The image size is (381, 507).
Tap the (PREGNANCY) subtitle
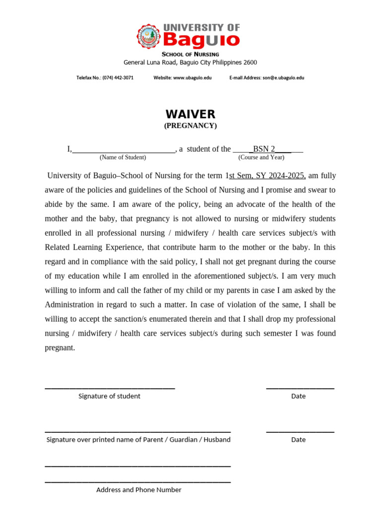pyautogui.click(x=190, y=126)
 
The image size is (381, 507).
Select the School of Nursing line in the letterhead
pyautogui.click(x=190, y=54)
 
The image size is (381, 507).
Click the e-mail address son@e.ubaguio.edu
pyautogui.click(x=284, y=78)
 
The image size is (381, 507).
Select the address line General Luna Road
pyautogui.click(x=190, y=62)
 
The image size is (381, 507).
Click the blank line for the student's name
pyautogui.click(x=124, y=150)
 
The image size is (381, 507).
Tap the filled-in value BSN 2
pyautogui.click(x=264, y=149)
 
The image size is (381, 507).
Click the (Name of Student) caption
pyautogui.click(x=123, y=157)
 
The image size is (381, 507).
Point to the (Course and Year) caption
pyautogui.click(x=261, y=157)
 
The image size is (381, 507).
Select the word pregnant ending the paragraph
pyautogui.click(x=60, y=348)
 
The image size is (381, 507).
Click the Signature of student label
pyautogui.click(x=109, y=396)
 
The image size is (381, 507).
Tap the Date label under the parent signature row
pyautogui.click(x=299, y=440)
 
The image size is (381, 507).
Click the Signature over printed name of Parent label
pyautogui.click(x=138, y=440)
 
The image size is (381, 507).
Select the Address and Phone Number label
pyautogui.click(x=138, y=490)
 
